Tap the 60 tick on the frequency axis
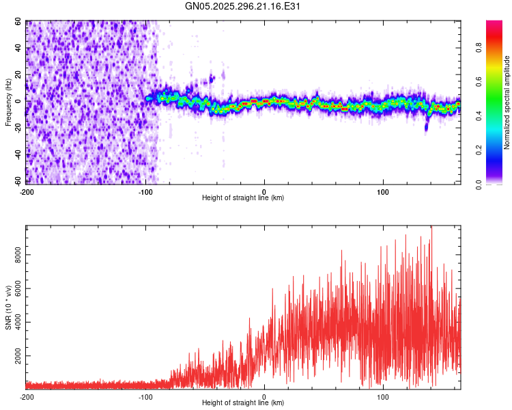coord(19,22)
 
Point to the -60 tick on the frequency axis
coord(17,181)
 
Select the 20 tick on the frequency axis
coord(19,74)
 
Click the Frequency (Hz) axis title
coord(8,102)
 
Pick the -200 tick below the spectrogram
coord(27,191)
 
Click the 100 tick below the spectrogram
coord(383,191)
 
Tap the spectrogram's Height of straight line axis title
coord(243,197)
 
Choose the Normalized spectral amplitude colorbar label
coord(507,102)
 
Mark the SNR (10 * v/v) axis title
coord(8,307)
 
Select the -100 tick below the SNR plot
coord(145,396)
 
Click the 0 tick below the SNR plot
coord(264,396)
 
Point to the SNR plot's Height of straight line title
coord(243,402)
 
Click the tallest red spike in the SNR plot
coord(431,228)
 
